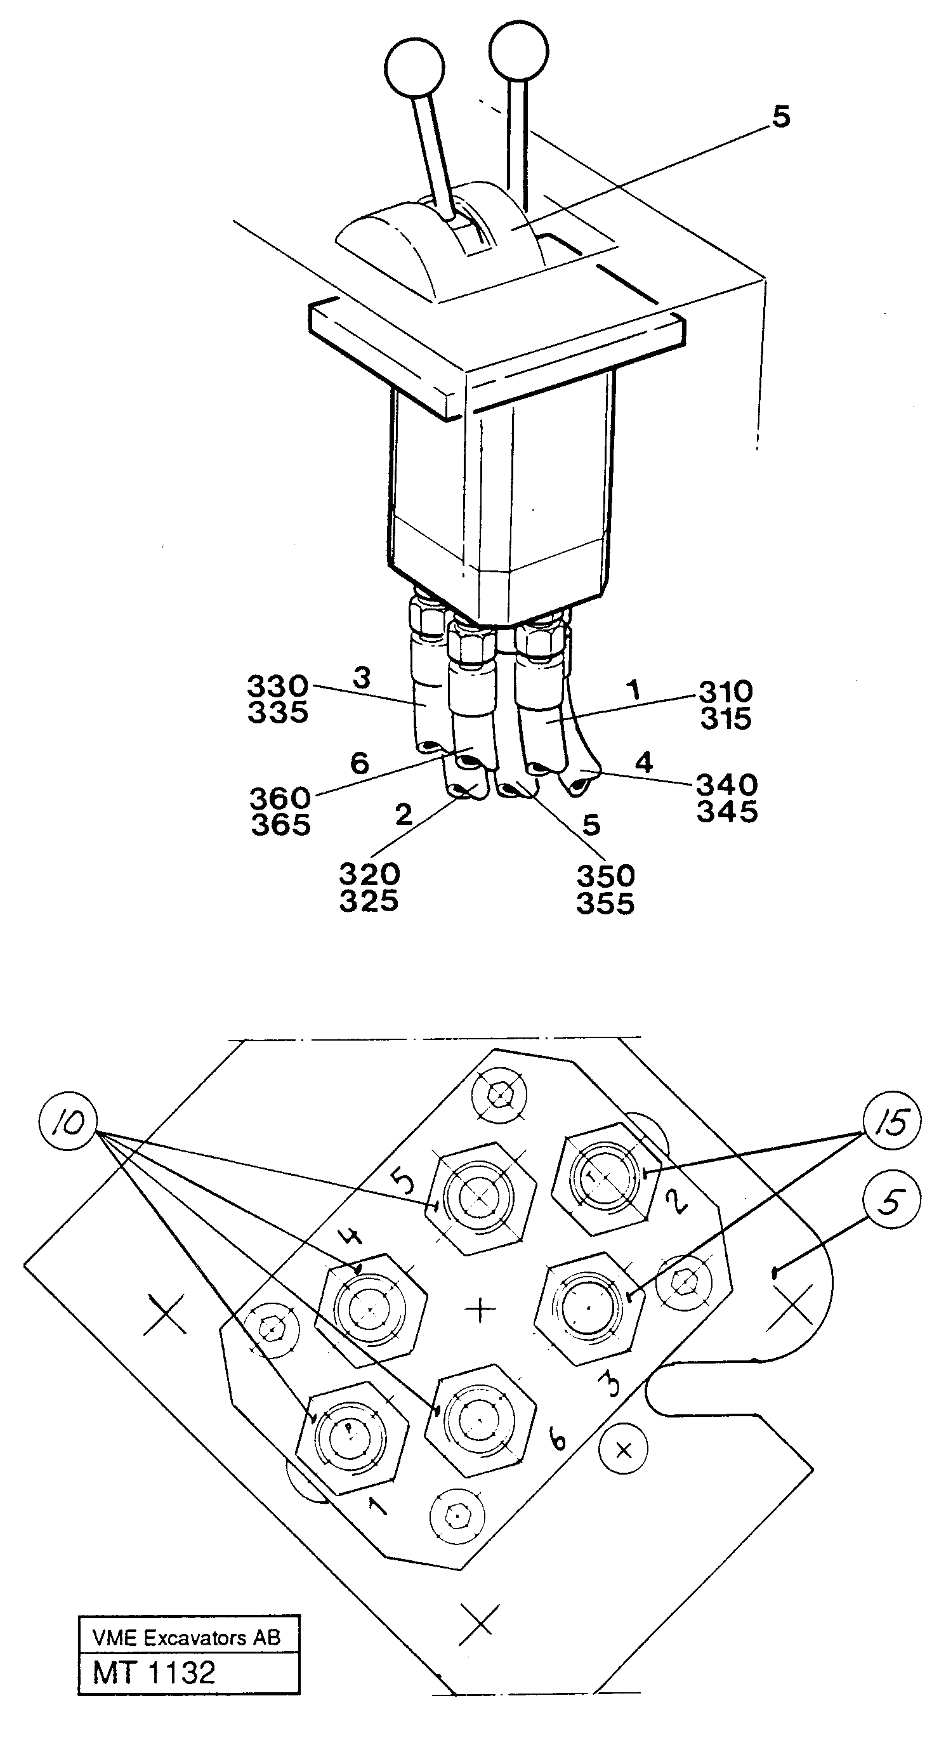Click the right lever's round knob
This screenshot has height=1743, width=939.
click(x=518, y=51)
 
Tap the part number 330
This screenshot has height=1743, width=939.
click(x=277, y=687)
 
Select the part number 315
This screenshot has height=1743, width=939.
click(x=726, y=718)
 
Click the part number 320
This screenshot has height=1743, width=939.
click(x=369, y=875)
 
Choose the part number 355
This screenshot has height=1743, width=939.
click(x=605, y=904)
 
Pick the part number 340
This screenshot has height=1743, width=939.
click(x=727, y=785)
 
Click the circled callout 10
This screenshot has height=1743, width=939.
click(x=69, y=1122)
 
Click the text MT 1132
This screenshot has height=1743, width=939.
click(x=154, y=1672)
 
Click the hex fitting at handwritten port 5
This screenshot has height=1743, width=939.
click(x=480, y=1196)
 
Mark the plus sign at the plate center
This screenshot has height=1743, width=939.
click(x=481, y=1309)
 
